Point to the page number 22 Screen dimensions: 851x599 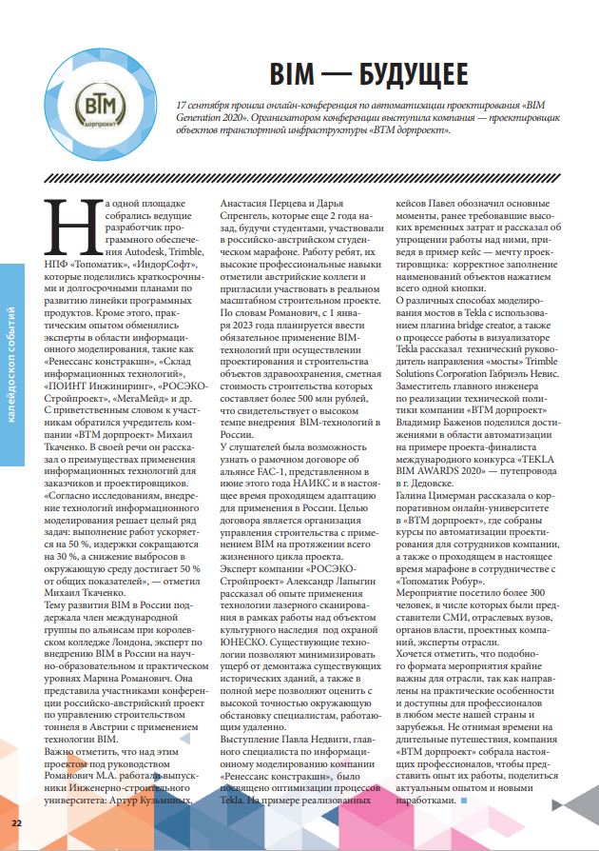coord(16,821)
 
